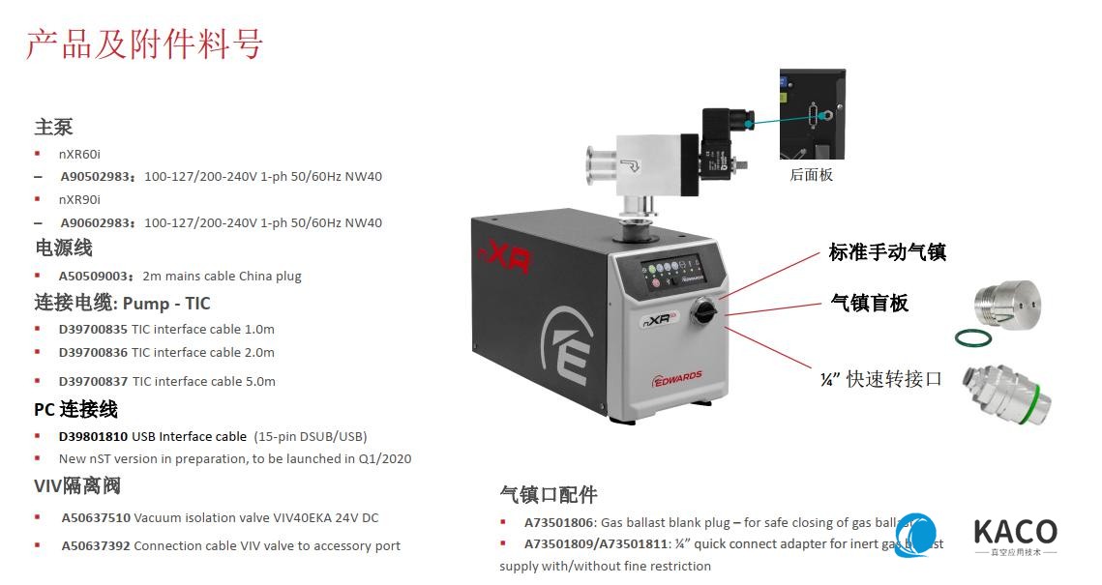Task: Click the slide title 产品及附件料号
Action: click(144, 44)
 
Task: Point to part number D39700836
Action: click(94, 352)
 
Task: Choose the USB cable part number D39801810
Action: click(94, 436)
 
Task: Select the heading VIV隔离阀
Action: click(77, 485)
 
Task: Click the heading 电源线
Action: click(64, 249)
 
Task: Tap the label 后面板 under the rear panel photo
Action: click(811, 175)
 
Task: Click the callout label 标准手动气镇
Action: click(887, 252)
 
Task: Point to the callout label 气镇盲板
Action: click(870, 303)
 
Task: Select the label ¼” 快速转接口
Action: click(880, 378)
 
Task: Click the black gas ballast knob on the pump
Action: click(702, 312)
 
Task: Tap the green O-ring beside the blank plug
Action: click(971, 337)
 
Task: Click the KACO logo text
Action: click(1014, 532)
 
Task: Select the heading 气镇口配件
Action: click(549, 494)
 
